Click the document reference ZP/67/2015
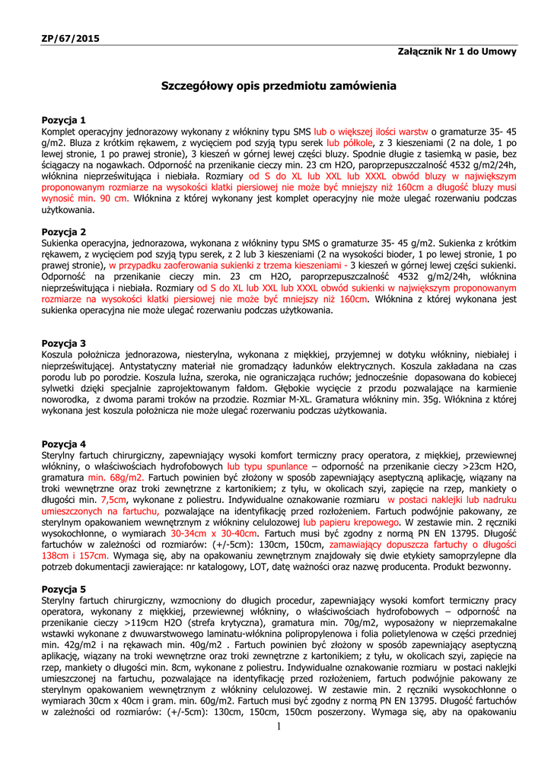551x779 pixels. click(x=70, y=38)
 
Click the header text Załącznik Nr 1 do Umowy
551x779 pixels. click(x=457, y=52)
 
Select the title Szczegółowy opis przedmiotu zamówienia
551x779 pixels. click(x=279, y=86)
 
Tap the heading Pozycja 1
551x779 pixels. click(x=64, y=120)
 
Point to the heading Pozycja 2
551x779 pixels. click(x=64, y=231)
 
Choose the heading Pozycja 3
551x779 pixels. click(x=64, y=344)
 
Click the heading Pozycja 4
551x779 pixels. click(x=64, y=444)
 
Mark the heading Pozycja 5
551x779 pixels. click(x=64, y=589)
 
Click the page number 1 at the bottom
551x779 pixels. click(x=279, y=727)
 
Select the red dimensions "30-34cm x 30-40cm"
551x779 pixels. click(x=214, y=534)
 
